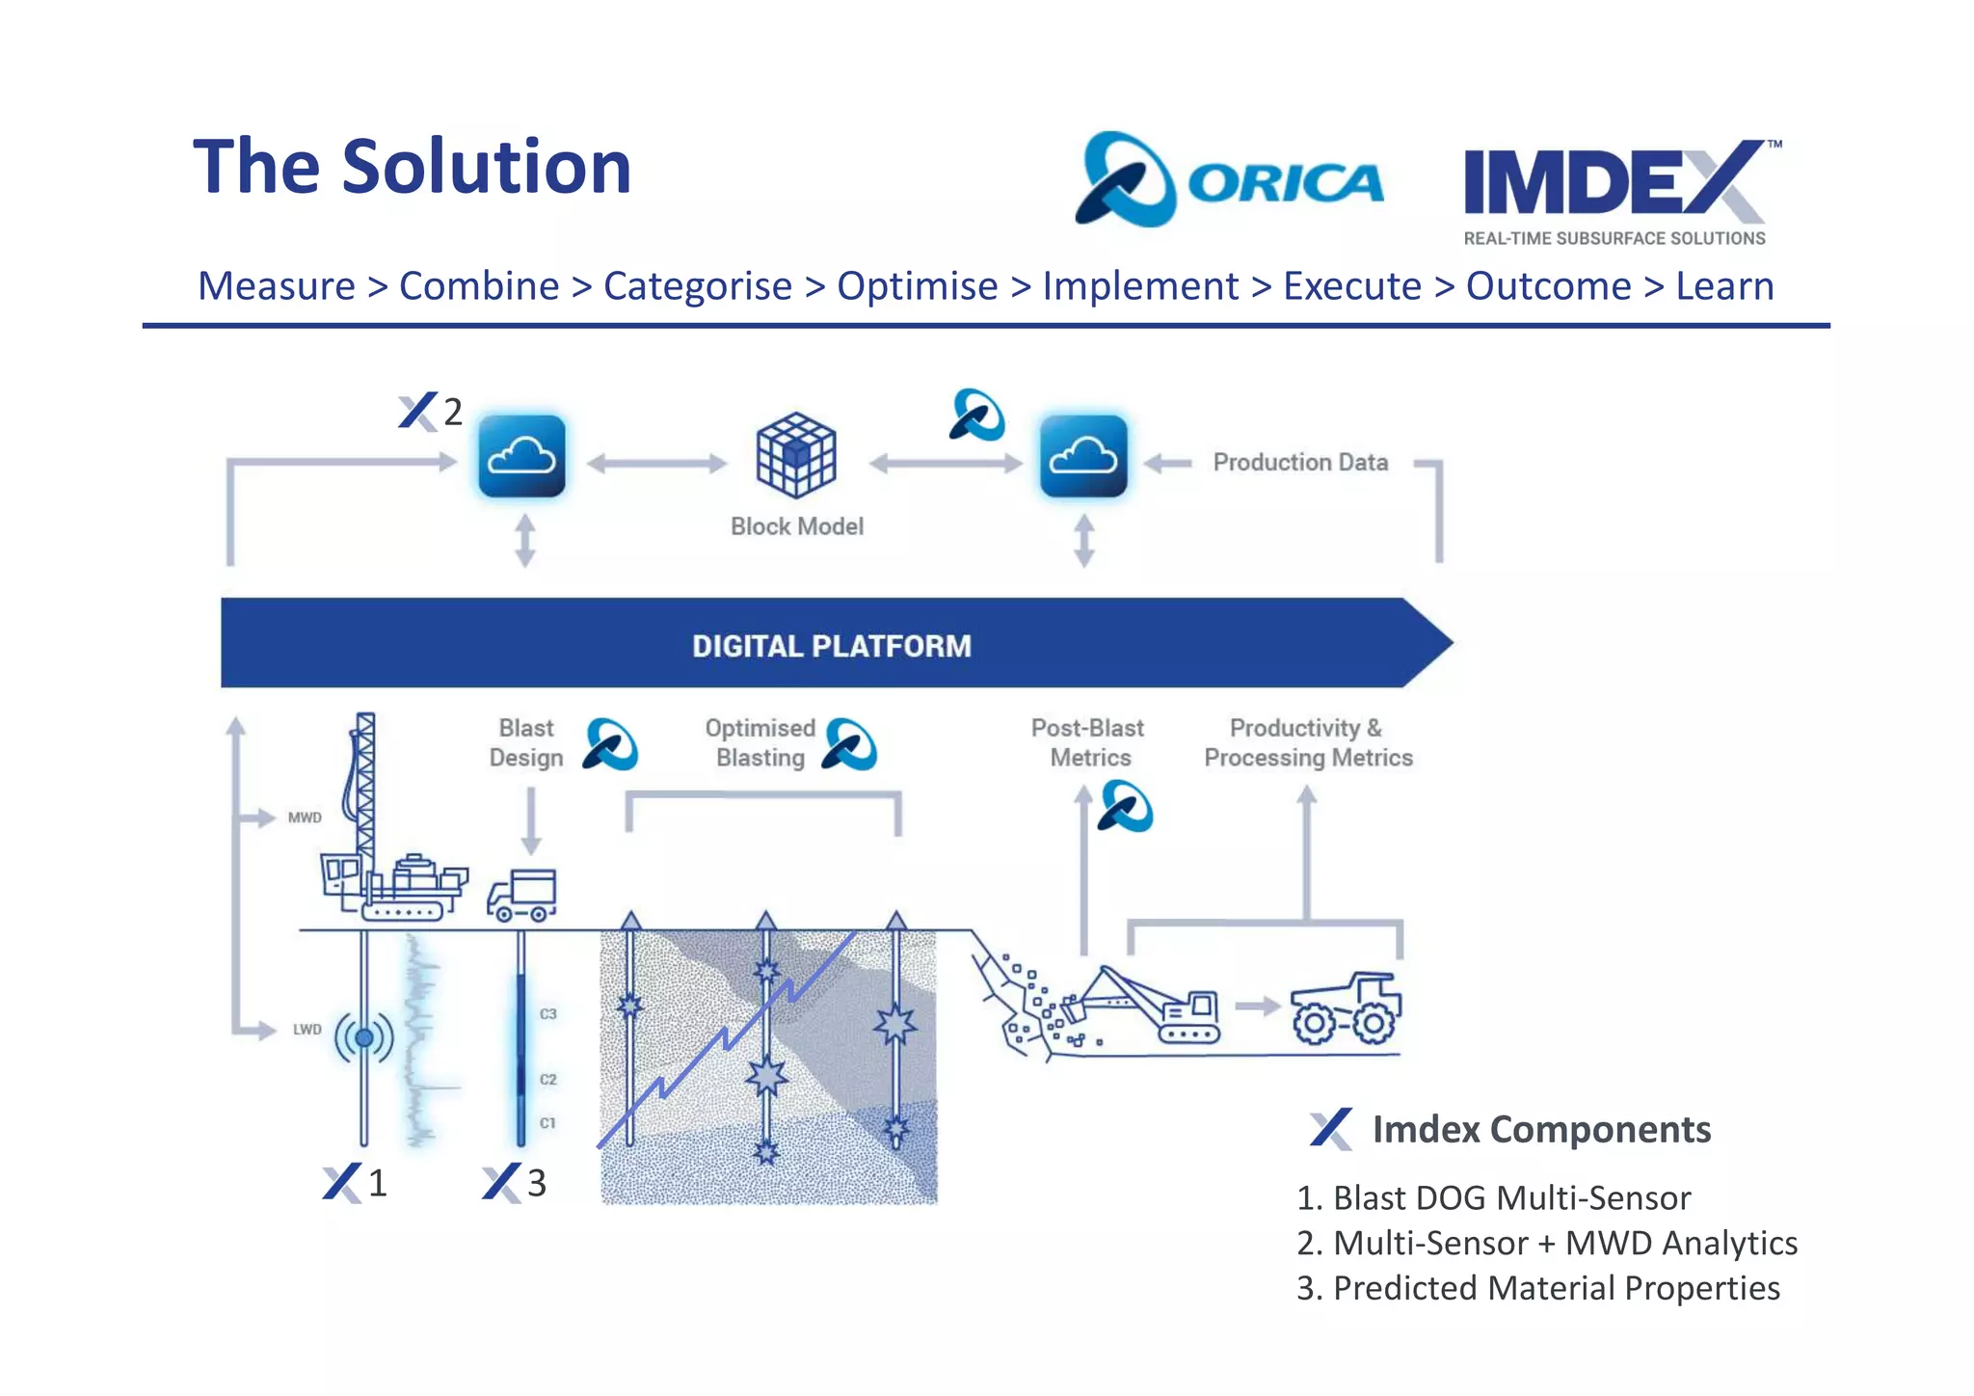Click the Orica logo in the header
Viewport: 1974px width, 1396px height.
1229,180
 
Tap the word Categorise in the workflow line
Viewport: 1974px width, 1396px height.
697,286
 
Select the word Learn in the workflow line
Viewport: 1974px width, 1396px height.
1723,286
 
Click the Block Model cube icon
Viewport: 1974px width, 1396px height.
795,455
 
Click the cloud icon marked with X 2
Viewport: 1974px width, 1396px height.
521,456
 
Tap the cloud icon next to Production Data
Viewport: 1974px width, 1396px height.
1083,456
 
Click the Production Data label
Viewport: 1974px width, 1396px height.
1299,463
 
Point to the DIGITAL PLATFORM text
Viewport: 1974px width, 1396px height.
831,646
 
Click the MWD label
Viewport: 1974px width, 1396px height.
305,818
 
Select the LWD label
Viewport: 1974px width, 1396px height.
307,1030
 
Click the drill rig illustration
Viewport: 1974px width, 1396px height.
386,839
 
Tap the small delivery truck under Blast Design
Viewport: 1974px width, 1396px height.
521,897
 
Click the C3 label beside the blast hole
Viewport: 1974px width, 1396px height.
547,1014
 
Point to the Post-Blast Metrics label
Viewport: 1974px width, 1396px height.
1088,742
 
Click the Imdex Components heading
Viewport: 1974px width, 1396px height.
1540,1130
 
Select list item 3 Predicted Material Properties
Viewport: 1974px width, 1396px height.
1538,1288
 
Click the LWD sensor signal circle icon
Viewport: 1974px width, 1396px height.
363,1037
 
